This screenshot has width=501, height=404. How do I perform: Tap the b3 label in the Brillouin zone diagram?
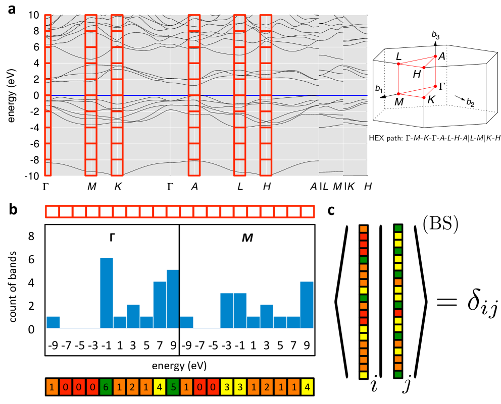coord(435,35)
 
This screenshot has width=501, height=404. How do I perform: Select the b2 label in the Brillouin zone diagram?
coord(470,103)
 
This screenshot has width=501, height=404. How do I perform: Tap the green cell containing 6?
coord(106,387)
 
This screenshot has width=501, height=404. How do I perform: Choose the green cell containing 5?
coord(173,387)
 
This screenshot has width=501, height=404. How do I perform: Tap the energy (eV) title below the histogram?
coord(179,364)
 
